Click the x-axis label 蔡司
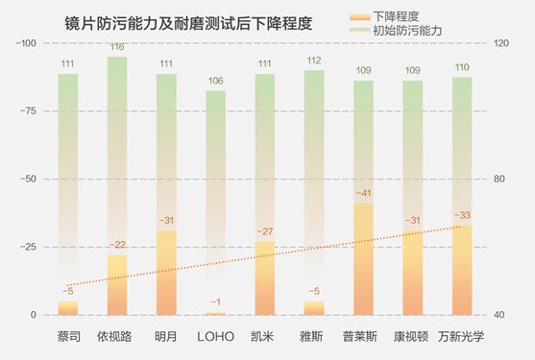tap(67, 337)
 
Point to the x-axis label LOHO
tap(215, 337)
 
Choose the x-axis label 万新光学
tap(461, 337)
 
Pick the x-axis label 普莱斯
tap(363, 337)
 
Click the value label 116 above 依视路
tap(117, 47)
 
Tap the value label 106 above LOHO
tap(215, 82)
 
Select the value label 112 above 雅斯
tap(314, 61)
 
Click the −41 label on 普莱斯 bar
tap(363, 194)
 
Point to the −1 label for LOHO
tap(215, 302)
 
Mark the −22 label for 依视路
tap(117, 246)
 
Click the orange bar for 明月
tap(166, 274)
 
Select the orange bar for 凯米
tap(265, 278)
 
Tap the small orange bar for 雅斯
tap(314, 308)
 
